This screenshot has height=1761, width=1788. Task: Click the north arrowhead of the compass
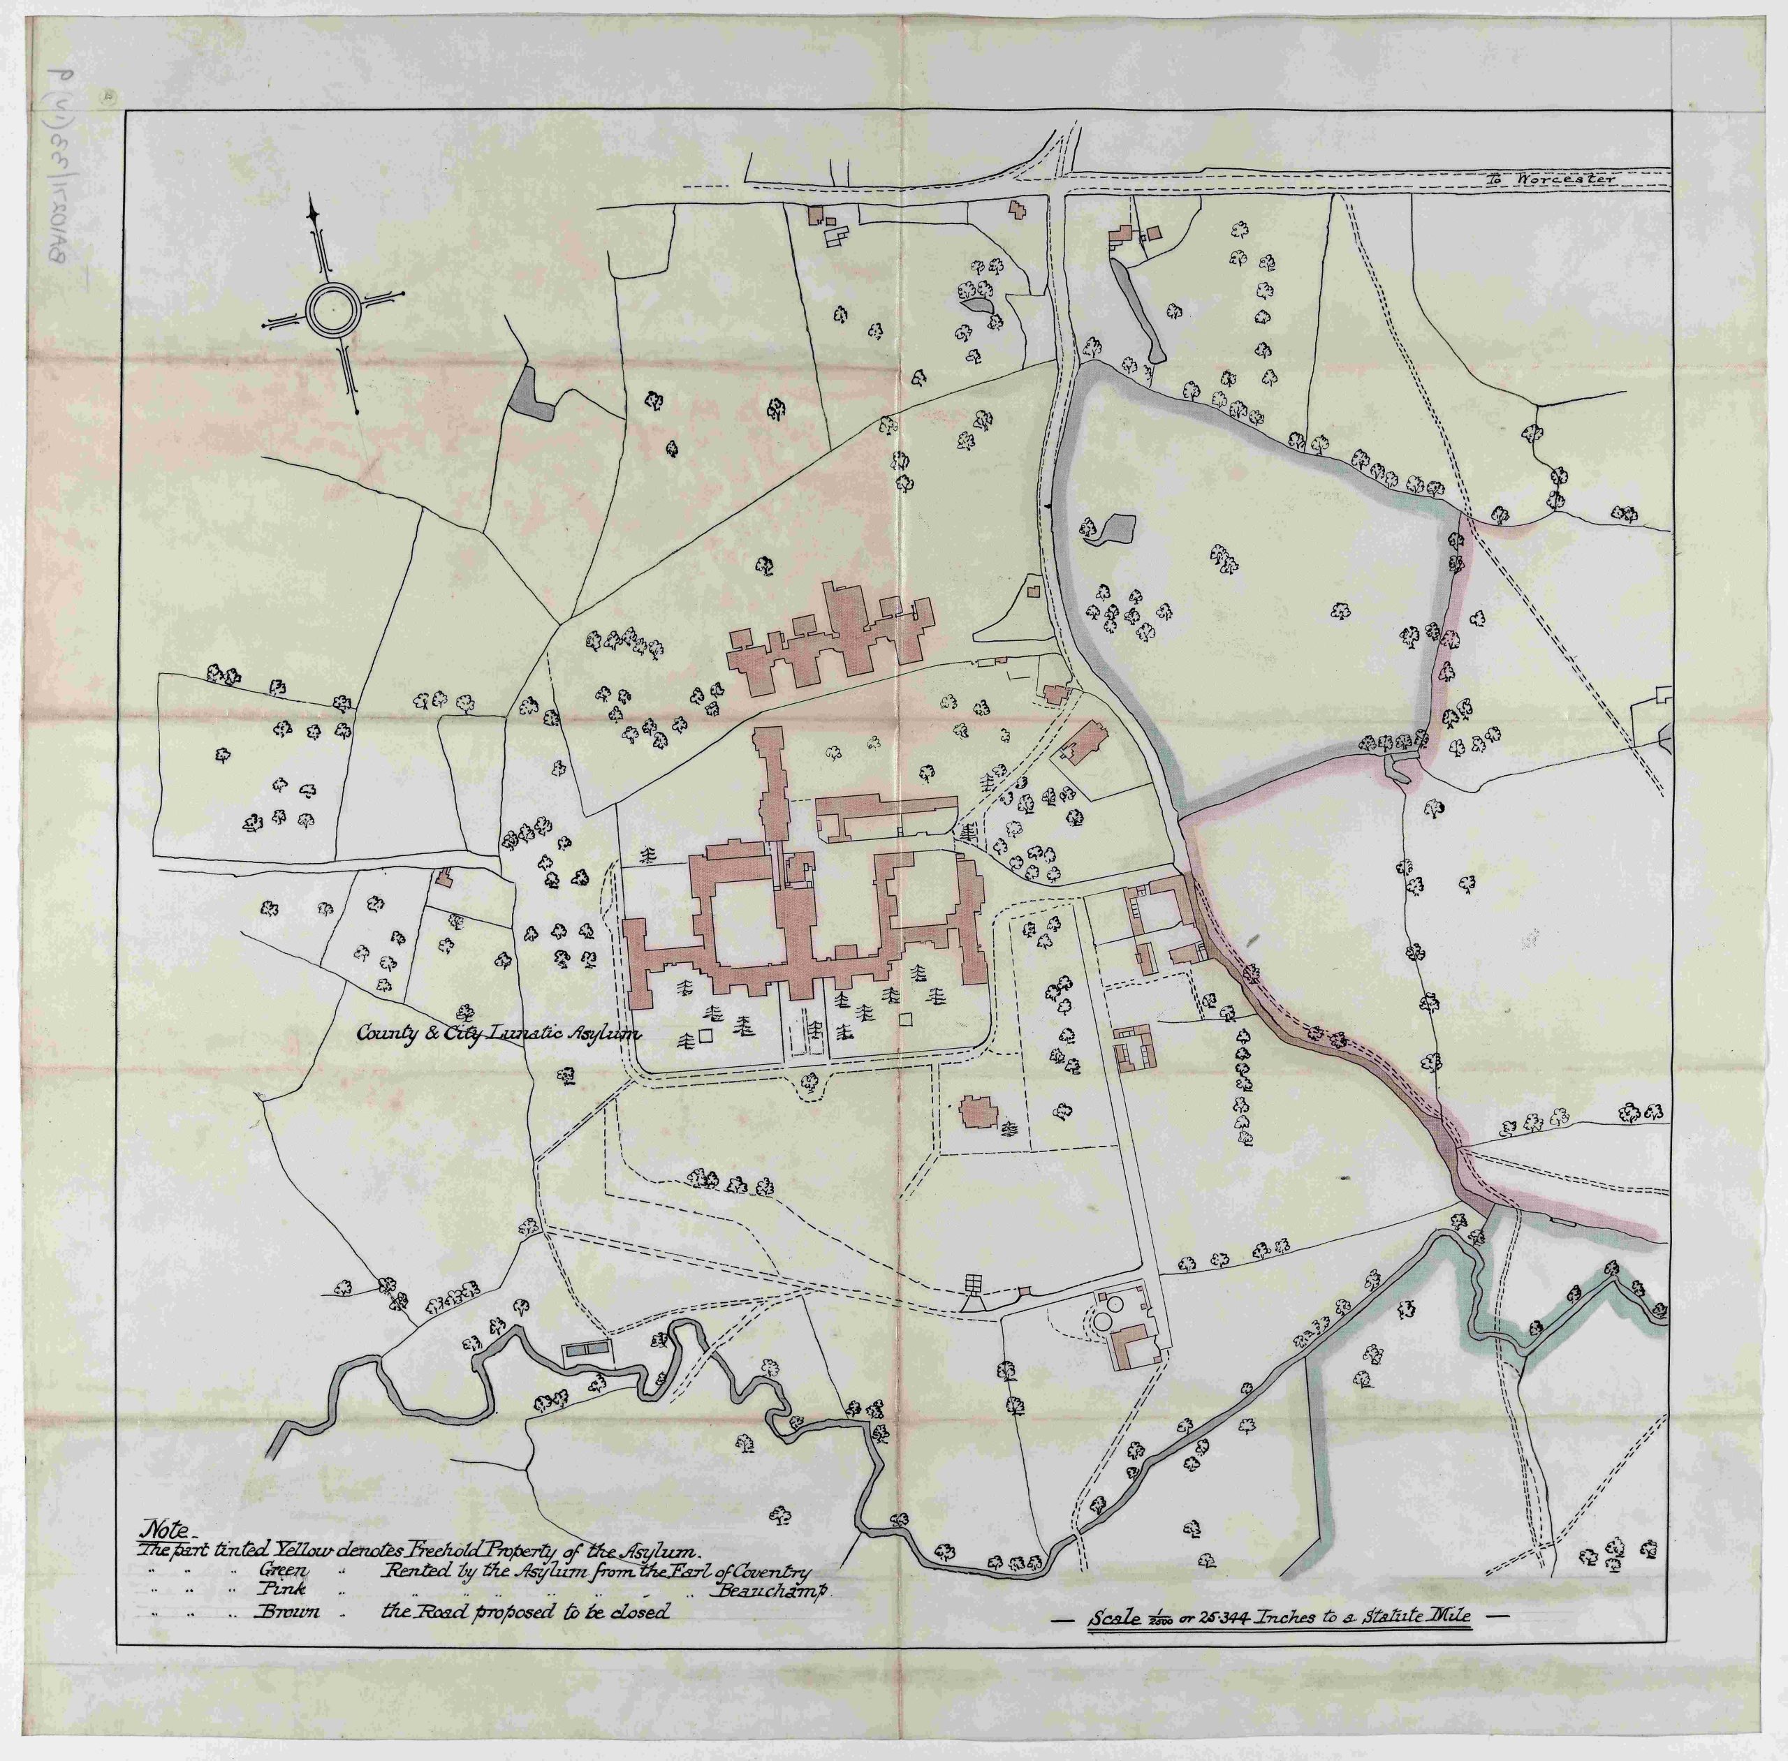coord(314,216)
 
